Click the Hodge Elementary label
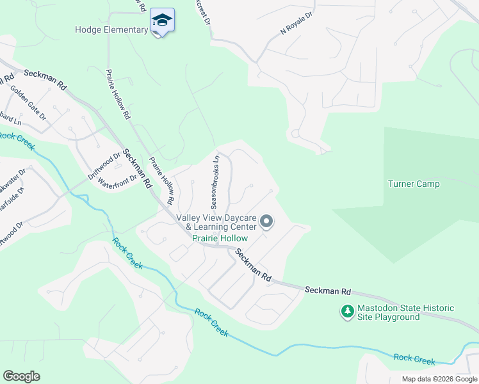coord(111,29)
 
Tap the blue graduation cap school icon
coord(162,20)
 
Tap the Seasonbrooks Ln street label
coord(216,182)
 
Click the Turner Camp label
coord(414,184)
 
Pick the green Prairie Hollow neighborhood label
coord(220,237)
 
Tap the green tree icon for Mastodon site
coord(347,312)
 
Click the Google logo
coord(22,376)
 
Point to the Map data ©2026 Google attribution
coord(439,379)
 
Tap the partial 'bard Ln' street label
coord(10,118)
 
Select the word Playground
coord(397,317)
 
